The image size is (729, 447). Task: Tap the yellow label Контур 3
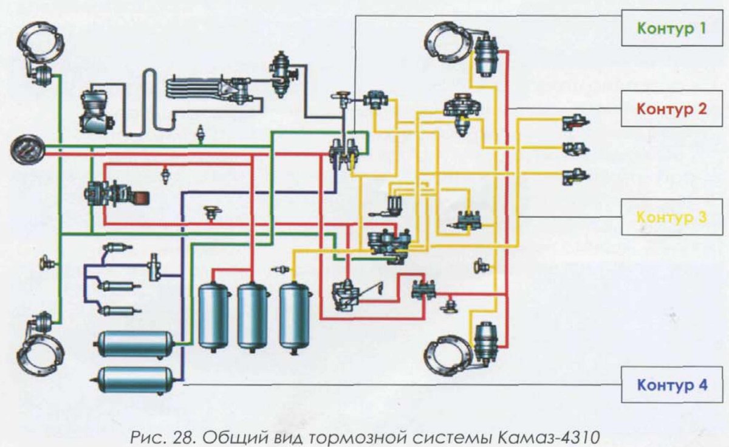(671, 216)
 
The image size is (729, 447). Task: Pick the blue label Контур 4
(671, 384)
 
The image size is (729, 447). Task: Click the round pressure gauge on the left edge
(28, 149)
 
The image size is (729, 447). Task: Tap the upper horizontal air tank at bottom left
(134, 344)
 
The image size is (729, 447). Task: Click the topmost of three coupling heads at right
(575, 121)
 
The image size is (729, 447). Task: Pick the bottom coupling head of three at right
(575, 177)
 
